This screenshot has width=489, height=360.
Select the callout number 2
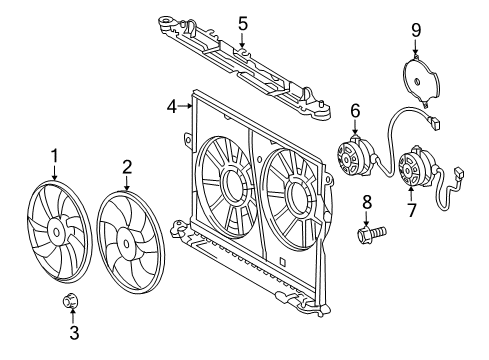pyautogui.click(x=128, y=166)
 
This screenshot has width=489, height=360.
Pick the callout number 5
pyautogui.click(x=242, y=22)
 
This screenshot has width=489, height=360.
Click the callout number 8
pyautogui.click(x=366, y=203)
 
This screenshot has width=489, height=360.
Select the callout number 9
pyautogui.click(x=416, y=32)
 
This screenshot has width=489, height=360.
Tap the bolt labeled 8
pyautogui.click(x=369, y=235)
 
